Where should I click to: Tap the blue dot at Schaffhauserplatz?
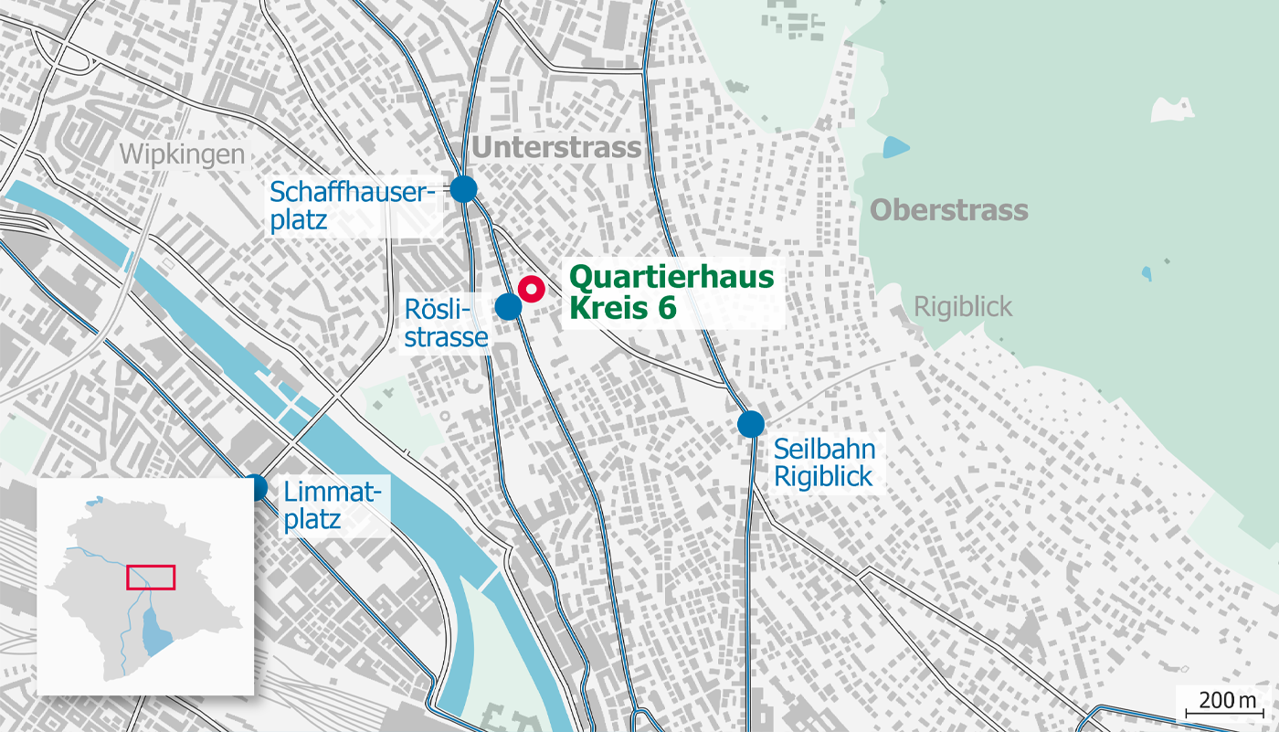(x=464, y=189)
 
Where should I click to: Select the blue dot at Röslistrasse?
(x=509, y=306)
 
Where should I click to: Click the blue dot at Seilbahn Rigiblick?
(x=751, y=424)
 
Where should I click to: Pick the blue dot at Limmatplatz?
(x=255, y=488)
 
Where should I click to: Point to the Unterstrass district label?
(x=556, y=148)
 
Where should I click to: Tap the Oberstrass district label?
(x=948, y=210)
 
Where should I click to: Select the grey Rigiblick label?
(x=963, y=306)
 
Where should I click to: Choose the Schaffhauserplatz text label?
(x=349, y=207)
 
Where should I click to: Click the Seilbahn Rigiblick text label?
(x=824, y=462)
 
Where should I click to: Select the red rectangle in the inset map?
(x=150, y=577)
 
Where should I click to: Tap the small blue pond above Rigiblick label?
(x=1147, y=272)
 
